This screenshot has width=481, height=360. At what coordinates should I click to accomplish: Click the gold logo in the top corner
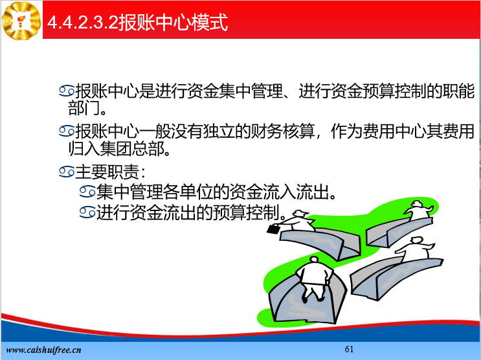click(21, 21)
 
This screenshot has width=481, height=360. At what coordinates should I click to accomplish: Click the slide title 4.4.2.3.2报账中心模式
click(137, 22)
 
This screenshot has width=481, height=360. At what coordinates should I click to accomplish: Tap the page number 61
click(349, 349)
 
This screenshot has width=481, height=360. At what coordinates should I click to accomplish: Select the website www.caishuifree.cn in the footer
click(43, 350)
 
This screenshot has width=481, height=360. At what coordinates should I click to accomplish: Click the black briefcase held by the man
click(273, 229)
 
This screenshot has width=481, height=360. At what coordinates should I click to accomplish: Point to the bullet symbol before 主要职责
click(67, 172)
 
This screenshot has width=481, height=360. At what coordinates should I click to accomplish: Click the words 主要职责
click(107, 172)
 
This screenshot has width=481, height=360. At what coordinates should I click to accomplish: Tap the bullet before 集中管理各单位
click(87, 192)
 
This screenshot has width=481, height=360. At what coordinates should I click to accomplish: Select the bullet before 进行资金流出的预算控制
click(87, 212)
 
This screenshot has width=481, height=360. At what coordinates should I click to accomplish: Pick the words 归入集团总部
click(116, 149)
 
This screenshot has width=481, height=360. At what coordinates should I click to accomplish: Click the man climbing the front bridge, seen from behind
click(313, 278)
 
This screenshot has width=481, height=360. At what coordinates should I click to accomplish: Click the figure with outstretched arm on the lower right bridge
click(415, 249)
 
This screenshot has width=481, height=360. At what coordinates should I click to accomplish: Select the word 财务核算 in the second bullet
click(283, 131)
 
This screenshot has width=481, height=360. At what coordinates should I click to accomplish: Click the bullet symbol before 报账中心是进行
click(67, 91)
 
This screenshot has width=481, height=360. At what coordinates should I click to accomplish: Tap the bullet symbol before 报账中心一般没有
click(67, 131)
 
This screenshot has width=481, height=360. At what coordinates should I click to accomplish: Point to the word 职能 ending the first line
click(458, 91)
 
